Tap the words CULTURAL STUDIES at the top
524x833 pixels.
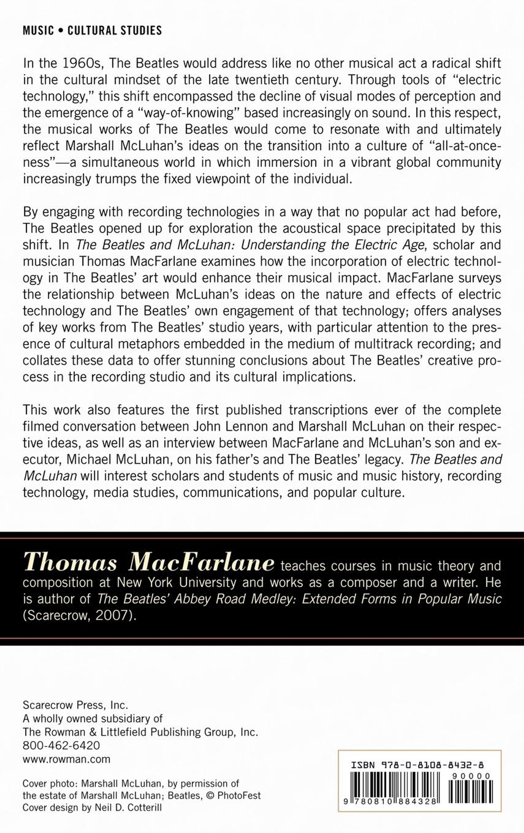click(x=115, y=31)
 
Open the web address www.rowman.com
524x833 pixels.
click(x=66, y=759)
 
